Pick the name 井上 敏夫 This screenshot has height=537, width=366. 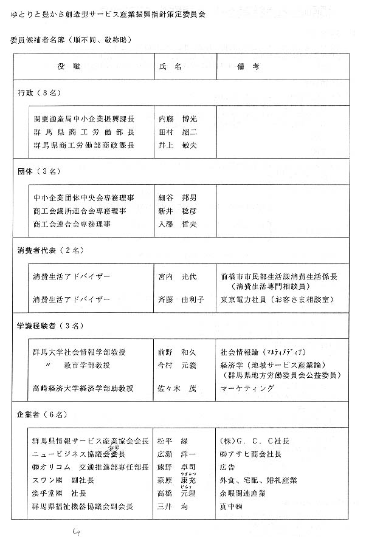(x=178, y=146)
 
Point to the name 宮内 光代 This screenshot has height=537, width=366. (x=178, y=276)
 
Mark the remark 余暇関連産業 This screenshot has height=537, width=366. (x=243, y=493)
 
